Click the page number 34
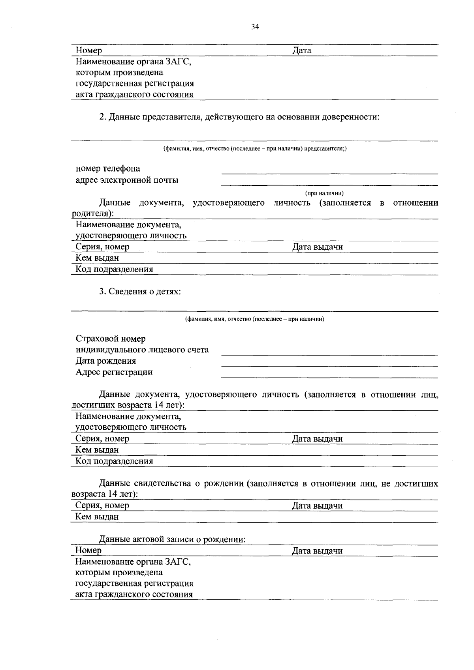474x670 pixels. (255, 27)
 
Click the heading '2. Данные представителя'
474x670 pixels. (239, 117)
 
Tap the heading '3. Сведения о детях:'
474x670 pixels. (140, 292)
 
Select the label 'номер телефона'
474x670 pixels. (108, 169)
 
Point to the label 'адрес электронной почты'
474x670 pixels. (127, 180)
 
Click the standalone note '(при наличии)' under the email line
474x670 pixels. (324, 193)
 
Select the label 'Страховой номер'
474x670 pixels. (111, 339)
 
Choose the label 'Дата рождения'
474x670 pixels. (106, 361)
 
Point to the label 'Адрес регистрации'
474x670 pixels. (114, 372)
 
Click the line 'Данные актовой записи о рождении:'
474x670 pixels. (172, 539)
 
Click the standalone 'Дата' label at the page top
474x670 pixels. (302, 51)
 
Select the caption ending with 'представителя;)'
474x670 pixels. (255, 148)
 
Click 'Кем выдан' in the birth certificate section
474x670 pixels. (97, 517)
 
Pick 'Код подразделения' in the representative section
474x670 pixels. (114, 269)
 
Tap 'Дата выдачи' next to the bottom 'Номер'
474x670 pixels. (317, 551)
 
